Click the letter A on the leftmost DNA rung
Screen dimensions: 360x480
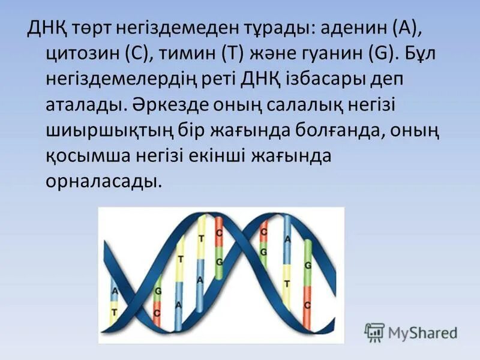[115, 291]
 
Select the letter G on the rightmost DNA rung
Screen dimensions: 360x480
[307, 265]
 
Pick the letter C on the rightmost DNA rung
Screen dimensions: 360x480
[307, 305]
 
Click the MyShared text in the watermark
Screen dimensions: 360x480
[422, 332]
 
